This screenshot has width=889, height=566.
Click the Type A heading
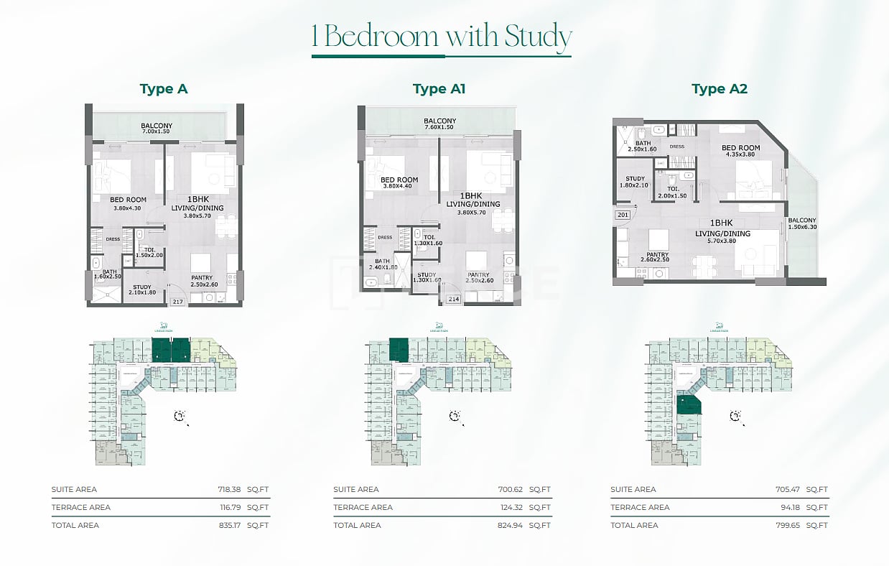point(164,89)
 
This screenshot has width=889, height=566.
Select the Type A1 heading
point(439,89)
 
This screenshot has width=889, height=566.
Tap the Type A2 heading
point(720,89)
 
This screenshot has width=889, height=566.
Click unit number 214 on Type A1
point(453,299)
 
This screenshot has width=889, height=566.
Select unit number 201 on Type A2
point(622,215)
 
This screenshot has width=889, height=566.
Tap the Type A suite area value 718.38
point(228,489)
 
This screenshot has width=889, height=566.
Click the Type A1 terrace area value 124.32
point(510,507)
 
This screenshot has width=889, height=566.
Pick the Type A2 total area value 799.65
point(787,525)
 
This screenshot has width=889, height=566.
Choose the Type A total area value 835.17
point(228,525)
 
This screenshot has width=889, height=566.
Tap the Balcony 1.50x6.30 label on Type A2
point(801,223)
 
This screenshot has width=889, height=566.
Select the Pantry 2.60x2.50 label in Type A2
point(657,258)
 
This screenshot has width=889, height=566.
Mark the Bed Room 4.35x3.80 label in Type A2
point(740,152)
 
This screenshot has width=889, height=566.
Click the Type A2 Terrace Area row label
point(640,507)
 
